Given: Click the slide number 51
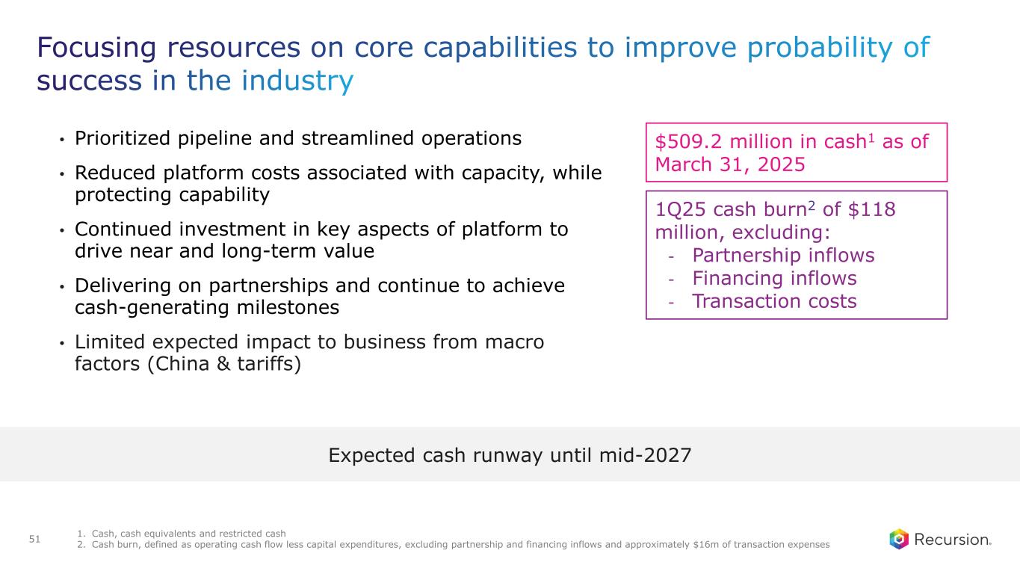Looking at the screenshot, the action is click(34, 539).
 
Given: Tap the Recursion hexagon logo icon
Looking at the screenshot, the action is click(899, 539).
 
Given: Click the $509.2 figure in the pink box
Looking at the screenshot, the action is click(688, 142).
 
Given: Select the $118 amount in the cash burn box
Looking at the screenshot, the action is click(871, 209).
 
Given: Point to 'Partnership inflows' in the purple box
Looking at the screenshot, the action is click(783, 255).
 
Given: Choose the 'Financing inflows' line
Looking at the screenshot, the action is click(774, 278).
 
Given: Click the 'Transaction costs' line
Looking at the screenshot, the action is click(774, 301).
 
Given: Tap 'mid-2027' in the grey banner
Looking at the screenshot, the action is click(645, 455).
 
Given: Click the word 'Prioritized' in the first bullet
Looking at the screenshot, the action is click(123, 138).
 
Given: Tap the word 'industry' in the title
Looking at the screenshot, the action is click(297, 81).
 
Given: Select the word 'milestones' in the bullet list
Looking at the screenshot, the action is click(288, 307).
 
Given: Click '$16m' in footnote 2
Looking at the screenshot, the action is click(704, 544).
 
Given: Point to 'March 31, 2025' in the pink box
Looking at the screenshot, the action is click(730, 164).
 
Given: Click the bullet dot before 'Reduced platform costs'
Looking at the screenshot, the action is click(62, 174).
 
